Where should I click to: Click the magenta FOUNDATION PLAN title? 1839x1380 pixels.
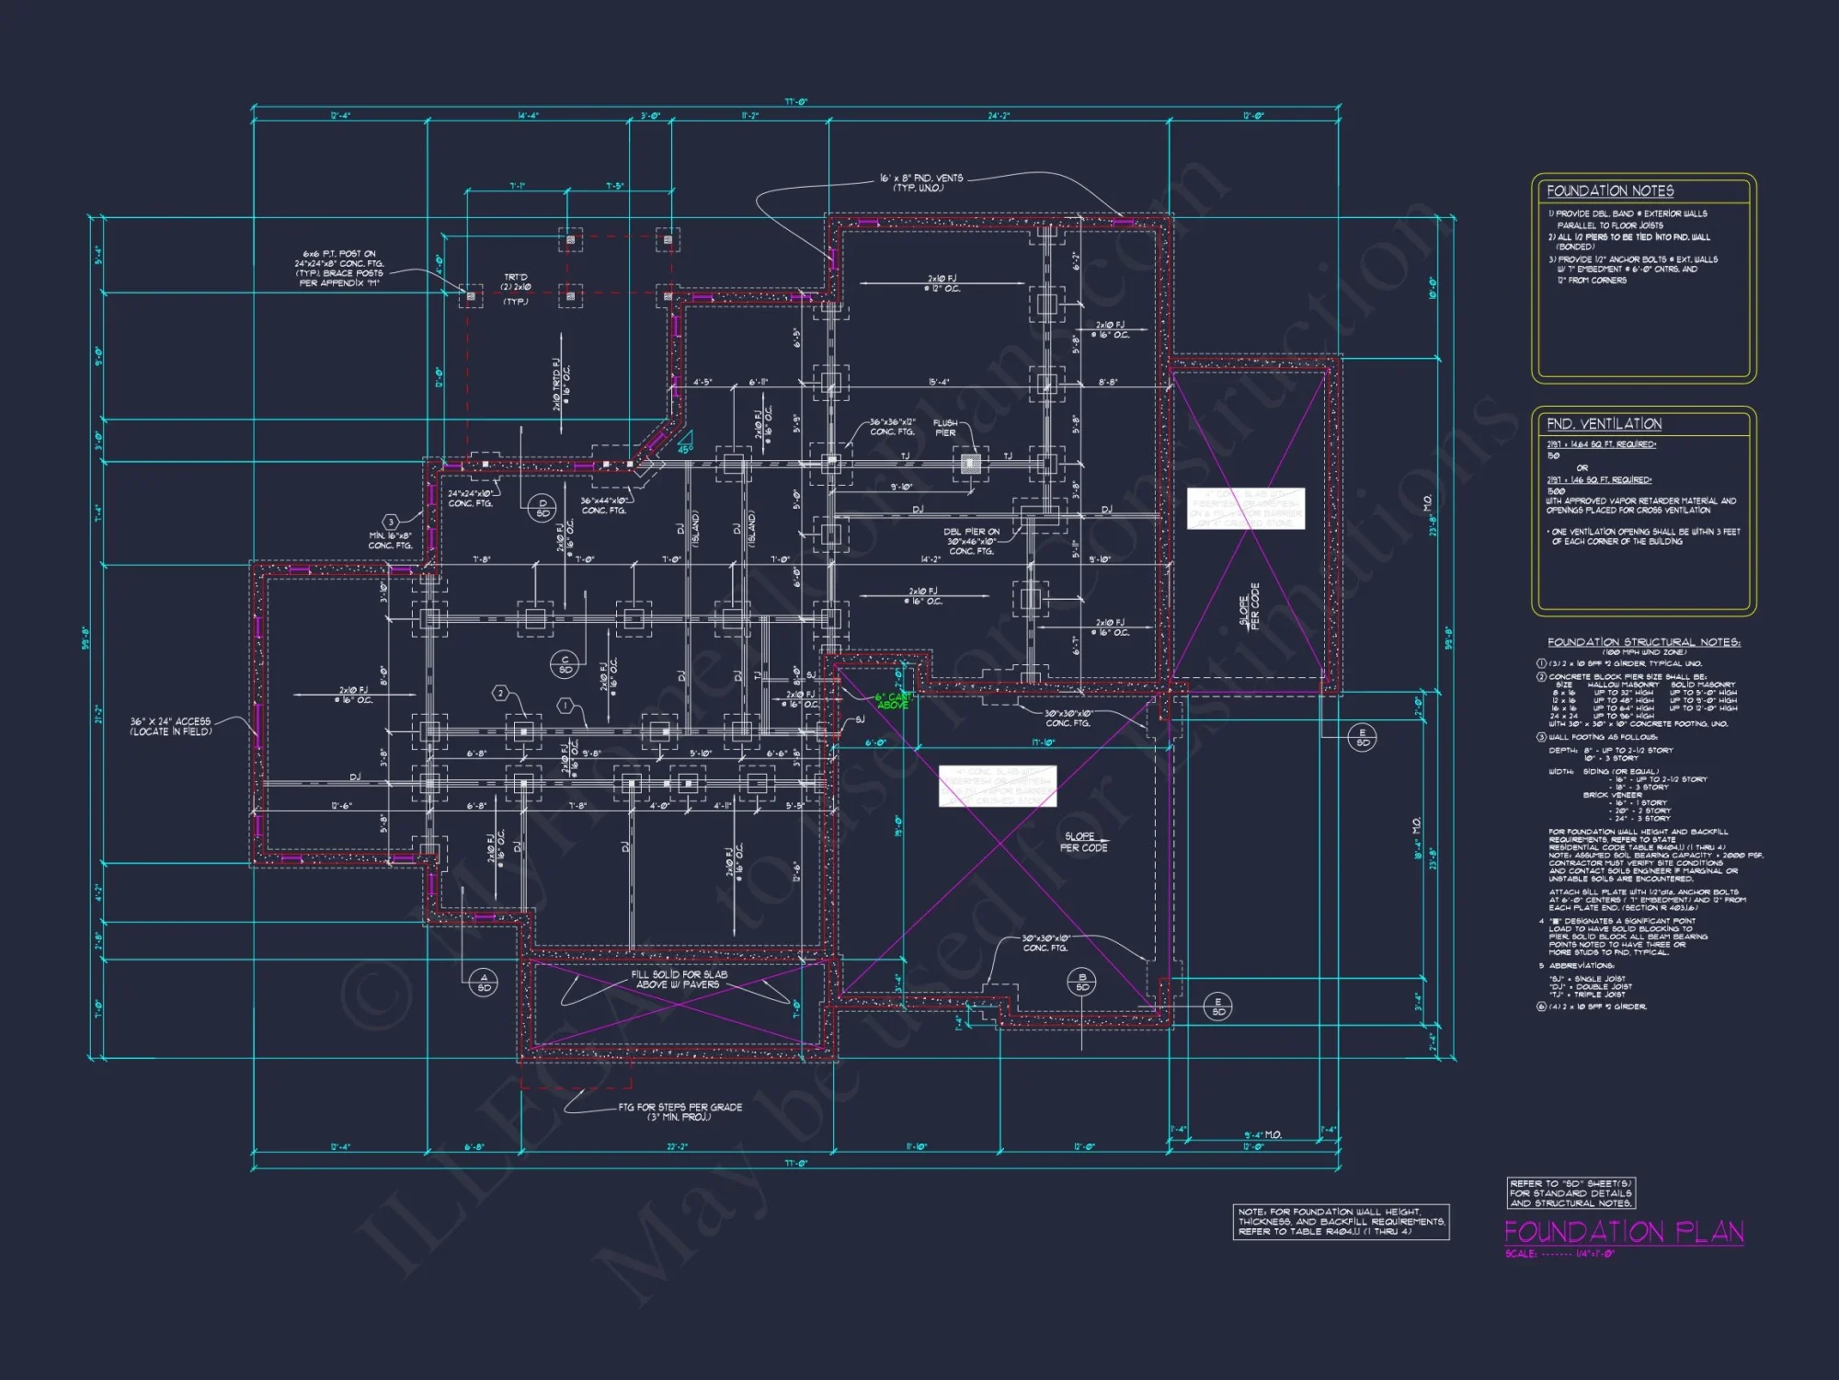1624,1232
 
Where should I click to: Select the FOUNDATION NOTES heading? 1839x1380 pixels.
1610,191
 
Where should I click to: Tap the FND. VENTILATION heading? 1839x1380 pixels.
1604,424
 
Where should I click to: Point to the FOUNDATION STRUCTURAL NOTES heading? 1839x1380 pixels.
1643,642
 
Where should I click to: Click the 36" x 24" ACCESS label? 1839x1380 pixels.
170,727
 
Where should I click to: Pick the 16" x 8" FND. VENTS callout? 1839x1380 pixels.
920,183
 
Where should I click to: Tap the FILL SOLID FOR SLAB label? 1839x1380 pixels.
679,979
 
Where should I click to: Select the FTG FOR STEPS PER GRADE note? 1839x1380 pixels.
680,1111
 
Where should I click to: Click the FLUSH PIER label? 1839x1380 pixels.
945,428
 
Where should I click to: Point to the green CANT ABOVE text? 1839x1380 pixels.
893,701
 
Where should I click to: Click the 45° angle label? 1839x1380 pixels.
685,449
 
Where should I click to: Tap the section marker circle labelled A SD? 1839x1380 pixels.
485,982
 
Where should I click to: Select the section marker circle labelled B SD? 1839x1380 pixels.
1082,982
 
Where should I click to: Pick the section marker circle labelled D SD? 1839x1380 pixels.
543,508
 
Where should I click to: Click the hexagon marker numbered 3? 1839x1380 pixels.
391,522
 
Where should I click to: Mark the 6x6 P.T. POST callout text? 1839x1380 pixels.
339,268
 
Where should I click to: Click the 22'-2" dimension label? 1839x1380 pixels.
677,1147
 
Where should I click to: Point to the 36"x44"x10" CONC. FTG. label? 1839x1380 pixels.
603,506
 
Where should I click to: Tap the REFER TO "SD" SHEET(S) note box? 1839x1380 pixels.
1571,1193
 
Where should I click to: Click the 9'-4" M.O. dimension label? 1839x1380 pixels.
1263,1134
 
